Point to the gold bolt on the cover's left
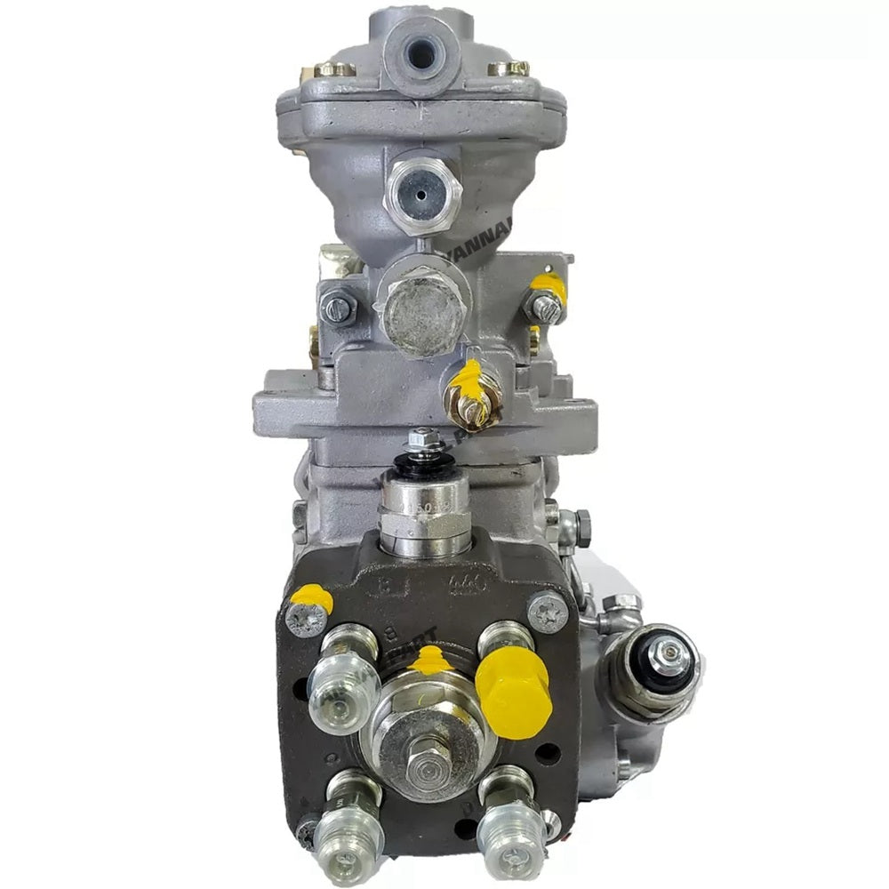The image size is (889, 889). coord(333,68)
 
